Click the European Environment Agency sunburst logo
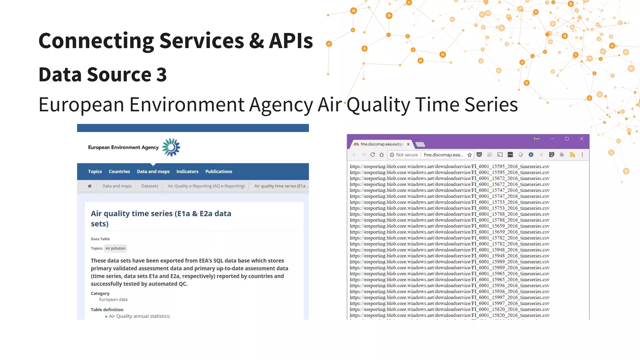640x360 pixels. click(171, 147)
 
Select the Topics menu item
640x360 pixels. click(95, 172)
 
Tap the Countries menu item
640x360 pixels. click(119, 172)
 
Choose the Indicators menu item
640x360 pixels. click(187, 172)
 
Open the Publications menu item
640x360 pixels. click(218, 172)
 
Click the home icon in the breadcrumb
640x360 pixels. click(90, 186)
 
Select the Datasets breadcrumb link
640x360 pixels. click(150, 186)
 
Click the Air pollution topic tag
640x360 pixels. click(115, 248)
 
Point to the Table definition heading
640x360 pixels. click(107, 310)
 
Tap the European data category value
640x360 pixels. click(113, 299)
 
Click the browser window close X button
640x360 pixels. click(582, 139)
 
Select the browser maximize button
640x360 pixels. click(567, 139)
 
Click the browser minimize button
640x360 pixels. click(552, 139)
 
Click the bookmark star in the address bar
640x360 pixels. click(469, 155)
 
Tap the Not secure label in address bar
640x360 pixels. click(407, 155)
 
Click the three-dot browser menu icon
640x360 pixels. click(582, 155)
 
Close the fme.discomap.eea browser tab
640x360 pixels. click(408, 144)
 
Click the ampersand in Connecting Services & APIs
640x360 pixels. click(256, 41)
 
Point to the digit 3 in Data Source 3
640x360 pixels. click(161, 75)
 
